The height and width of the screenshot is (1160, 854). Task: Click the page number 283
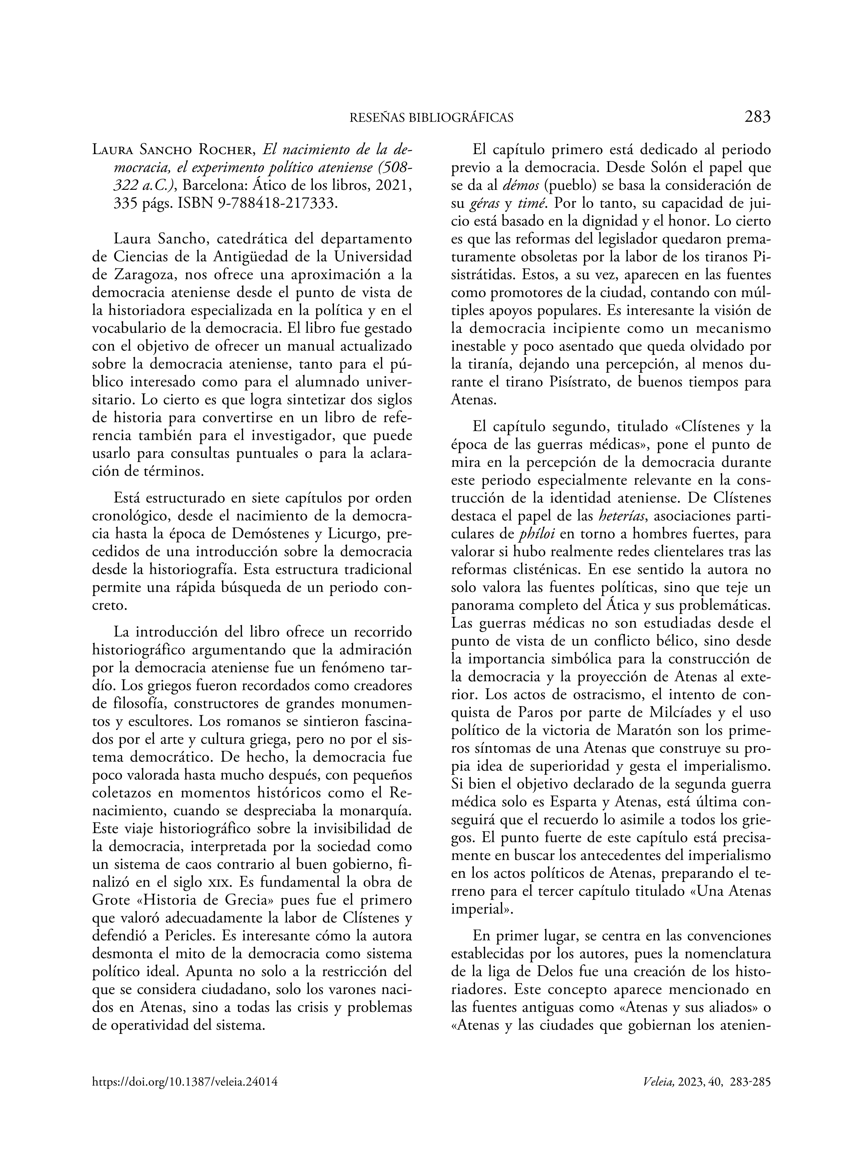757,117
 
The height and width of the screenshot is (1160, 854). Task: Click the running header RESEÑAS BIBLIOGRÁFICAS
431,118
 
